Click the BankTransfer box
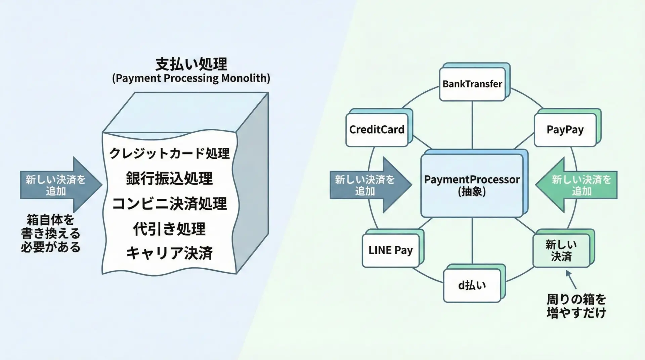[472, 84]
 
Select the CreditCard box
[377, 130]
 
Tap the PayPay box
[565, 130]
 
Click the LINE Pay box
[390, 250]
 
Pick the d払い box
[472, 285]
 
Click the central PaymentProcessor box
[472, 185]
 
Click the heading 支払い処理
[191, 64]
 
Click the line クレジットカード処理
[170, 153]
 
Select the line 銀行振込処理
[170, 178]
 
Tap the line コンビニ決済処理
[170, 204]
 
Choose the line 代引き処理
[170, 229]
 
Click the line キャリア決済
[170, 253]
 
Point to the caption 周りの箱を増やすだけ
[576, 306]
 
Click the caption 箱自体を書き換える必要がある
[50, 234]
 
